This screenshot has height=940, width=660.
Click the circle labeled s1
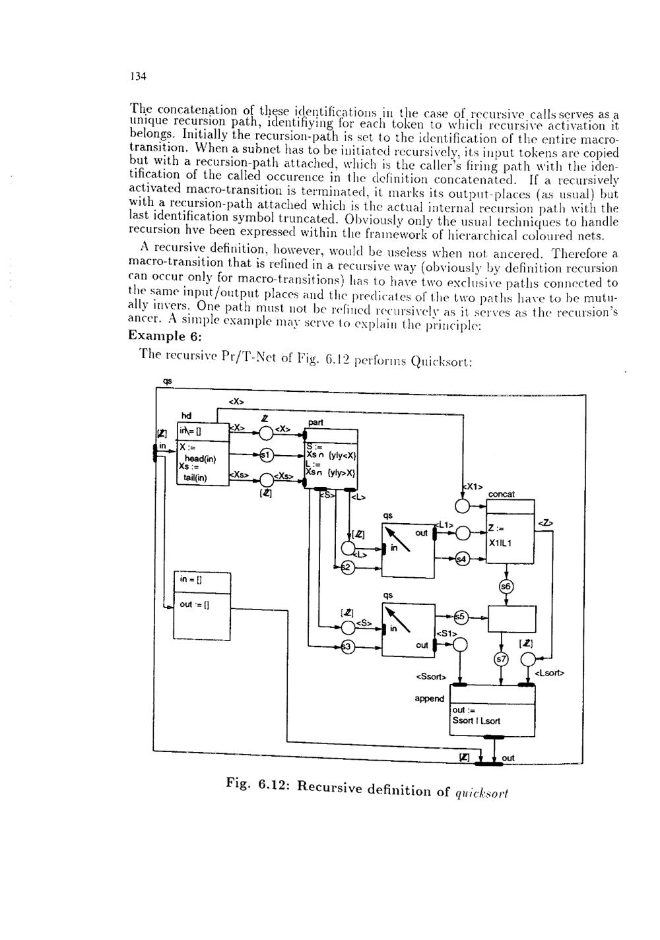(x=266, y=454)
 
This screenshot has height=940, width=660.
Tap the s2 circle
(x=345, y=567)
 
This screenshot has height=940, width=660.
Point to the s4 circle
(x=462, y=559)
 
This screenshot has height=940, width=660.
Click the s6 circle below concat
(x=506, y=587)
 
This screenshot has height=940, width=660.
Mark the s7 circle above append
(x=502, y=659)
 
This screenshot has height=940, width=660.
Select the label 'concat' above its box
(x=502, y=493)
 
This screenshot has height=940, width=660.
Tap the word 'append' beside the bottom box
(x=429, y=699)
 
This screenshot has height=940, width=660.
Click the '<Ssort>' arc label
(x=431, y=676)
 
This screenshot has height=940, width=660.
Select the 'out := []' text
(x=195, y=604)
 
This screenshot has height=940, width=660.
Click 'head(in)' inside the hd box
(x=196, y=458)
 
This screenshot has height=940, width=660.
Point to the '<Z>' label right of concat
(x=546, y=522)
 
